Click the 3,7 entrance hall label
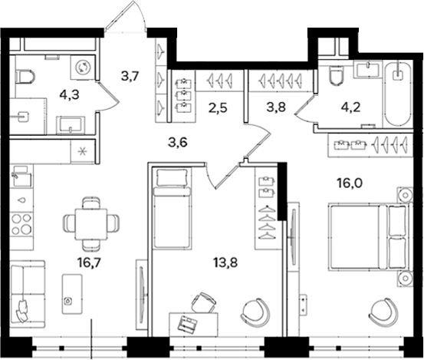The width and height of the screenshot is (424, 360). pos(130,76)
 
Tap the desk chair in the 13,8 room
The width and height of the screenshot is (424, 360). pos(203,302)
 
